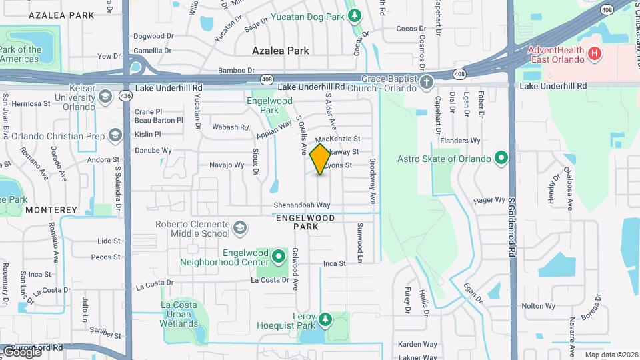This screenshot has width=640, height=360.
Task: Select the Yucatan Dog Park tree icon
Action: tap(355, 14)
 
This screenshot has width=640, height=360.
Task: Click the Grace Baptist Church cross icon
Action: tap(427, 83)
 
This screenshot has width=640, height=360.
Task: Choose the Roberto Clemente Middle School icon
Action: tap(238, 229)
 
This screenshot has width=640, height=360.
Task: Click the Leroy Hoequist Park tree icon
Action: tap(325, 319)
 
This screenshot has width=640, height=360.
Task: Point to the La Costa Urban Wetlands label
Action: tap(179, 314)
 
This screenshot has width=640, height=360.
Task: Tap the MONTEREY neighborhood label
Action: tap(51, 209)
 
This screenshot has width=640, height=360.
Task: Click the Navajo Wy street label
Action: tap(227, 165)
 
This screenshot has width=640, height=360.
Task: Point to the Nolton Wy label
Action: tap(538, 306)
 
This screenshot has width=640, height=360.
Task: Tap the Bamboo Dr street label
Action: tap(237, 70)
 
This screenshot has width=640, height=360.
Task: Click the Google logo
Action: tap(21, 351)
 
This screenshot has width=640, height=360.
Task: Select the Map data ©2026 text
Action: tap(611, 355)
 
